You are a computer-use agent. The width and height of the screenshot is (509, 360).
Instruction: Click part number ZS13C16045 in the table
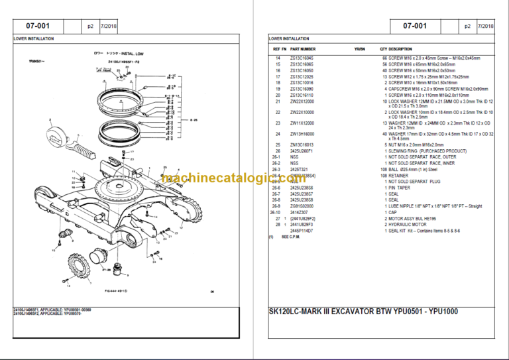click(303, 59)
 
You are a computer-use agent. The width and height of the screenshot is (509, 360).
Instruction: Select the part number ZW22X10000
click(303, 112)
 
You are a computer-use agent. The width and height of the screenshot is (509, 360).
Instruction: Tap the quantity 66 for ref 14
click(384, 59)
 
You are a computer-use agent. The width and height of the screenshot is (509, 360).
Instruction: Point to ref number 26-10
click(277, 212)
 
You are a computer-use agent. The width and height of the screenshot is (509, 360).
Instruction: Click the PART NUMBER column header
click(303, 49)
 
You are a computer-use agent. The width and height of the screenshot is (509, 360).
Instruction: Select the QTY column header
click(383, 49)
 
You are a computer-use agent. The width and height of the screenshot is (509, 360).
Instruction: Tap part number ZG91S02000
click(303, 206)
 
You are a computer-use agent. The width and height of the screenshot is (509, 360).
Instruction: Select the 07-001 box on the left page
click(40, 26)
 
